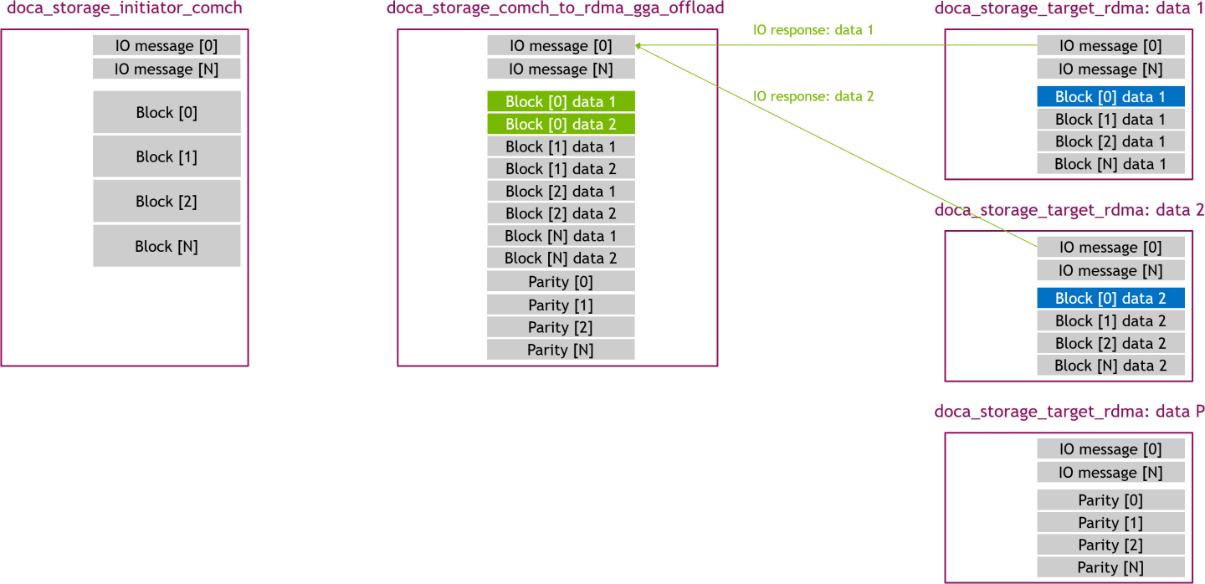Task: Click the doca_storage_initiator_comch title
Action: point(125,8)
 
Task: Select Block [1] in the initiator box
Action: point(167,156)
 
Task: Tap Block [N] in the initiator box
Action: point(167,246)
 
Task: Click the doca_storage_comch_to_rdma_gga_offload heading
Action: point(555,8)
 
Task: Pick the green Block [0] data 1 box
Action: point(561,102)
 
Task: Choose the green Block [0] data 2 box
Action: point(561,125)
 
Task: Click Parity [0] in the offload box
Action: point(561,282)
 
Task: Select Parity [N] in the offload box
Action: point(561,350)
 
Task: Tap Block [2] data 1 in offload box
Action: point(561,192)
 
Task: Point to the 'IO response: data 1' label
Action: point(813,30)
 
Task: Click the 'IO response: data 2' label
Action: point(813,96)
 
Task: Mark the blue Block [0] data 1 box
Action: point(1110,97)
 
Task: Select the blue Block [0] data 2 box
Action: point(1110,299)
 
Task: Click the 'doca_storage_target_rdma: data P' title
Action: point(1069,412)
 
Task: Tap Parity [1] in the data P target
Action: point(1110,523)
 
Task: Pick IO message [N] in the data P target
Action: point(1110,473)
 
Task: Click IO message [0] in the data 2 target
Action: point(1110,248)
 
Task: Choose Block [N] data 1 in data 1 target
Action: point(1110,165)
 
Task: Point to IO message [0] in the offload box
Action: point(561,46)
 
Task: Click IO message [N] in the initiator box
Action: point(167,69)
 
